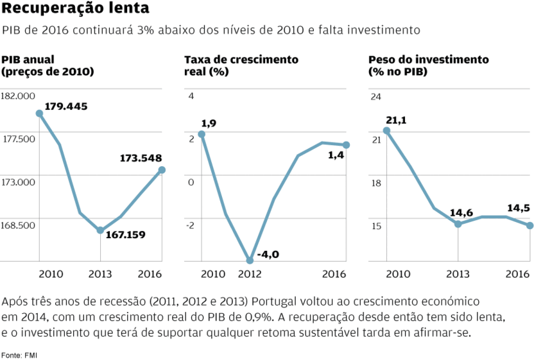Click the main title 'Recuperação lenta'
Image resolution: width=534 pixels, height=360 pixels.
[x=76, y=9]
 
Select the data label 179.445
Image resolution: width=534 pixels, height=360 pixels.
[x=66, y=106]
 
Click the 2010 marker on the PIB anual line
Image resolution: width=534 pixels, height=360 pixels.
[x=39, y=113]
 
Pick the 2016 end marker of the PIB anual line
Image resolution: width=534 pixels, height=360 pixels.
[x=162, y=170]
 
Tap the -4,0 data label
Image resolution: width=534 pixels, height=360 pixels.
[x=268, y=255]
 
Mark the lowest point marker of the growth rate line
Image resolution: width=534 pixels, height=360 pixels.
[x=250, y=260]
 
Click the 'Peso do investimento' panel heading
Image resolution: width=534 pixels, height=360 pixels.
[x=428, y=60]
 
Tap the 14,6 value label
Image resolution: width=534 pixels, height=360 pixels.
[x=461, y=212]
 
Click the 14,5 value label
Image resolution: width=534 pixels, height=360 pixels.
[x=519, y=208]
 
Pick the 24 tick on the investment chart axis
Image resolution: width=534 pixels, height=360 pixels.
[x=376, y=96]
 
